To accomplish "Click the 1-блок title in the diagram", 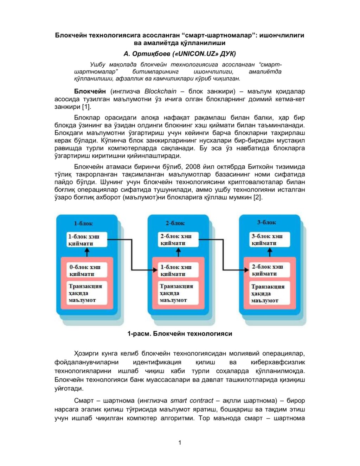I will (83, 223).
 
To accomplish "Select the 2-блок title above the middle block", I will (175, 223).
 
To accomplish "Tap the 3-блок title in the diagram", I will (266, 222).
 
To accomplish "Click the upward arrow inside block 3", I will (270, 251).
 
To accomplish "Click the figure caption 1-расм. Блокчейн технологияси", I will (180, 334).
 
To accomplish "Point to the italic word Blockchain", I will (160, 91).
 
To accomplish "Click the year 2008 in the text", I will (193, 167).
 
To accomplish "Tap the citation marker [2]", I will (258, 197).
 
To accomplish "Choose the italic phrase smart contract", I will (192, 401).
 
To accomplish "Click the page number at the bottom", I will (180, 442).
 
